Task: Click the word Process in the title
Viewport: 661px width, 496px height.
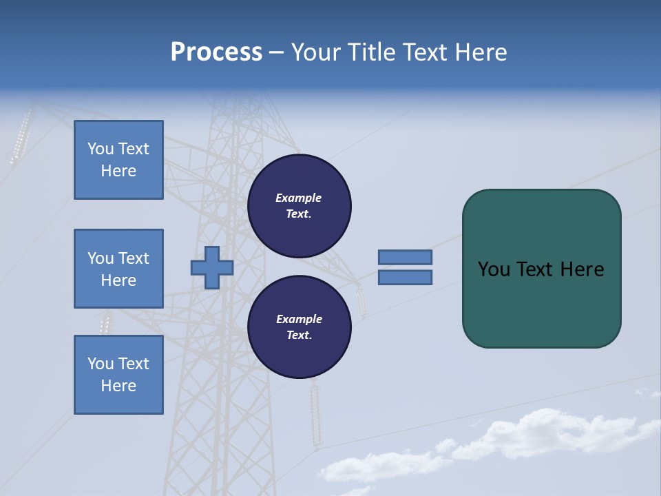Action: pyautogui.click(x=216, y=52)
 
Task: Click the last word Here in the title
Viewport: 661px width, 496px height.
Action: pyautogui.click(x=481, y=52)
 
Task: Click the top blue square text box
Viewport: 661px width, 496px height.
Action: pyautogui.click(x=118, y=160)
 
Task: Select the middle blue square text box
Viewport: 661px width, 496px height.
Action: pyautogui.click(x=118, y=269)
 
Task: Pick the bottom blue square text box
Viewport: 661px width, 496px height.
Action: pyautogui.click(x=118, y=375)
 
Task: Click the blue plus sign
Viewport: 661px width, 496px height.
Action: pyautogui.click(x=212, y=267)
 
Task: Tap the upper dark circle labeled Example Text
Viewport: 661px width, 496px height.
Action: pyautogui.click(x=299, y=206)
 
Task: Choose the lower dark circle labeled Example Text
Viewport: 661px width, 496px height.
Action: pyautogui.click(x=299, y=327)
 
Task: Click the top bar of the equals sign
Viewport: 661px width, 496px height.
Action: pyautogui.click(x=405, y=257)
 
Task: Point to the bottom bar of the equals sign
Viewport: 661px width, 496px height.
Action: pyautogui.click(x=405, y=278)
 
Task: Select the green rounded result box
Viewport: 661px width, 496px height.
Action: pyautogui.click(x=541, y=303)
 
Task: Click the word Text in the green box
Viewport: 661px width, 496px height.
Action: pyautogui.click(x=536, y=269)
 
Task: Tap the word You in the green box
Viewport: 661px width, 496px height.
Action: pyautogui.click(x=494, y=269)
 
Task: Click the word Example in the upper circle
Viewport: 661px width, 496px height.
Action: pyautogui.click(x=299, y=198)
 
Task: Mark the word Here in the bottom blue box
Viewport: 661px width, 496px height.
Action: pyautogui.click(x=118, y=386)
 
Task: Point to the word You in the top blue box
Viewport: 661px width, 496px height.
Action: pyautogui.click(x=101, y=149)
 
